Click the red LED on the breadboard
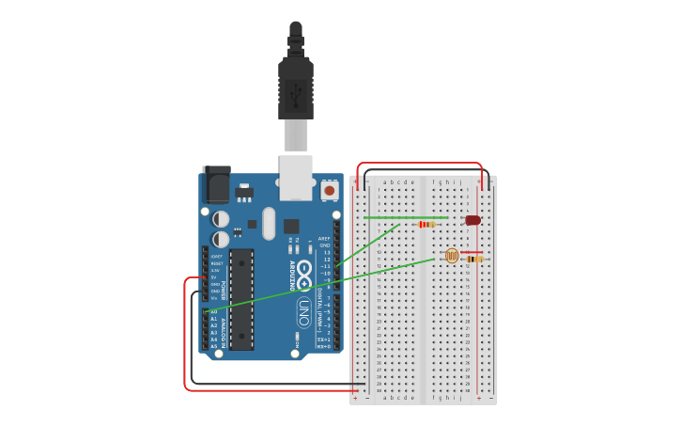pos(472,220)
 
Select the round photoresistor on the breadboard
pos(452,255)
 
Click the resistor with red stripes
pos(427,224)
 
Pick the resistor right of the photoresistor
pos(474,260)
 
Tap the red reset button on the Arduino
pos(330,191)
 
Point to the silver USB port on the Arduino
pos(296,178)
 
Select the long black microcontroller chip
pos(241,299)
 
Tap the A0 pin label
pos(214,311)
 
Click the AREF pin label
pos(325,239)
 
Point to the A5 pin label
pos(214,346)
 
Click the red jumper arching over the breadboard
pos(420,164)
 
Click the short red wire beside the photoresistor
pos(472,252)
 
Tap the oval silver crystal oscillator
pos(270,224)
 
